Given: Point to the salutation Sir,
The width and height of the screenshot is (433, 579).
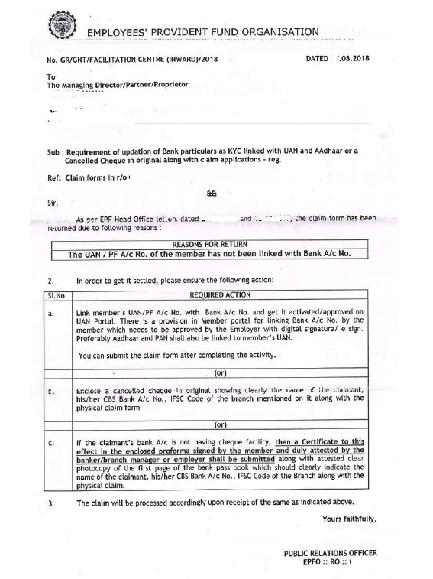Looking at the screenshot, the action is click(x=52, y=206).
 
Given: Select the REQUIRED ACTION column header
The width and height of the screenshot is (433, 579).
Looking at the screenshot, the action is click(x=219, y=294).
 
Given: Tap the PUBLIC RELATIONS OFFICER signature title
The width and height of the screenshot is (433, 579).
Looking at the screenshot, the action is click(x=330, y=553).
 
